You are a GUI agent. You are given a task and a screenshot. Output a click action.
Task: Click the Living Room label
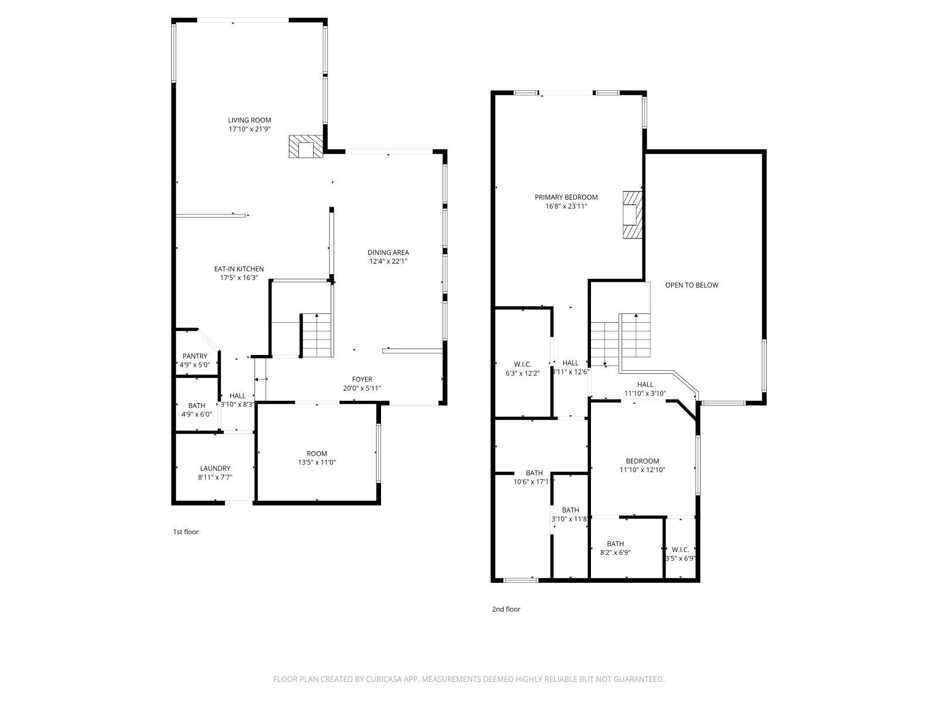[x=250, y=120]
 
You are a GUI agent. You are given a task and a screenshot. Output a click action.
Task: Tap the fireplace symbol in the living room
[x=305, y=147]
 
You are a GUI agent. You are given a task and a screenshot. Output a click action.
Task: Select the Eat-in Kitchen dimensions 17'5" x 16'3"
[x=239, y=278]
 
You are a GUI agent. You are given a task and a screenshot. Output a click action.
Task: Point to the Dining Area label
[x=388, y=252]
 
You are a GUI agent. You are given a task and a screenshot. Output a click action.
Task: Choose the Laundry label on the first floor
[x=215, y=468]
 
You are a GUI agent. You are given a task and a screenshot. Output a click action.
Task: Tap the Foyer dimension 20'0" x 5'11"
[x=362, y=388]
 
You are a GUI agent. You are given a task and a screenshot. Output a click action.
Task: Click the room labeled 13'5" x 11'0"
[x=317, y=458]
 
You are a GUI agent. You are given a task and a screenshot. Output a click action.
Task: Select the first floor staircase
[x=317, y=335]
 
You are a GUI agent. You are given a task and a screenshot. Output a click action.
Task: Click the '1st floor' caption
[x=185, y=532]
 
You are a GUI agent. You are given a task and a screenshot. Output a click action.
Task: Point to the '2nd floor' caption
[x=506, y=609]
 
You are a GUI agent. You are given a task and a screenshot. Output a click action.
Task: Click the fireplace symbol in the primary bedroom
[x=632, y=214]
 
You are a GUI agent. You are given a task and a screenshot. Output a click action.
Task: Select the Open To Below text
[x=691, y=285]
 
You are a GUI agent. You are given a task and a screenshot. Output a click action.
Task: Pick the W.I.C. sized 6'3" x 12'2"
[x=522, y=368]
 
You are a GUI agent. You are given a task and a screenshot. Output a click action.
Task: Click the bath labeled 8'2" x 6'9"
[x=616, y=548]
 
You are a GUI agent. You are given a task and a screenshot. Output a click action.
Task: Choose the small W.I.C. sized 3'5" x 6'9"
[x=680, y=554]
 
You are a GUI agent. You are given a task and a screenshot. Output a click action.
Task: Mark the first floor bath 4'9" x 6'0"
[x=196, y=409]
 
